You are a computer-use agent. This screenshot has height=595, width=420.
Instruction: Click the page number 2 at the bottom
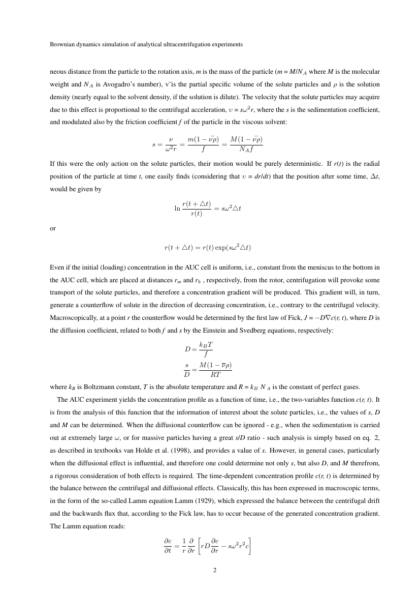click(214, 571)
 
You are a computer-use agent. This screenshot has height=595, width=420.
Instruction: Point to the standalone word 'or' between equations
click(53, 228)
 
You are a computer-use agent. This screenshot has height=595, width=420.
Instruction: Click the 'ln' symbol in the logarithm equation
click(177, 208)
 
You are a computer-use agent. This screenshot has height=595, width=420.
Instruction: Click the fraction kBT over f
click(206, 349)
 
